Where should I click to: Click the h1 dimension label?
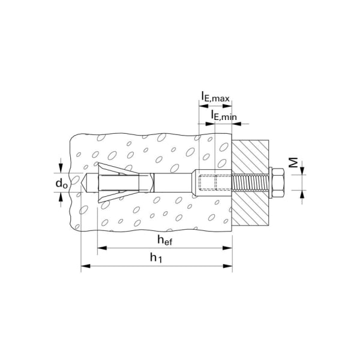[156, 257]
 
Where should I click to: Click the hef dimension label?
[164, 240]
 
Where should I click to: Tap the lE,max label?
[215, 97]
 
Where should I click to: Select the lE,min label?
[224, 115]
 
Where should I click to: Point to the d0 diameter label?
[62, 184]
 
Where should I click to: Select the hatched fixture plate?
[250, 183]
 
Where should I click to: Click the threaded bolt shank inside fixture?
[250, 183]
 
